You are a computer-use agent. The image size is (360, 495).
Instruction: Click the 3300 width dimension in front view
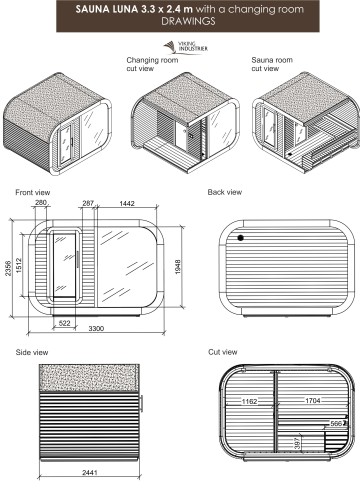pos(96,329)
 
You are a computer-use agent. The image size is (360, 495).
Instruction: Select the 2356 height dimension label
pos(8,268)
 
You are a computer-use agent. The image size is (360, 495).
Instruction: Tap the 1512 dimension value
pos(18,265)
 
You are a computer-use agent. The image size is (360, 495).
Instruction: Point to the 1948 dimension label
pos(178,267)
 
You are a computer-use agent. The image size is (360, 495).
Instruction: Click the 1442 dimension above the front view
pos(127,203)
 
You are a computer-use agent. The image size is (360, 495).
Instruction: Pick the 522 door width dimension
pos(65,323)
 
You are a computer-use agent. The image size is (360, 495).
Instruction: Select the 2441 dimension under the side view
pos(90,472)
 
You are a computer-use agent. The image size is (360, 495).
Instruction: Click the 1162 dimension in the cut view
pos(249,401)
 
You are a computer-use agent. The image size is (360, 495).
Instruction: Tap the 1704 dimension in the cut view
pos(313,400)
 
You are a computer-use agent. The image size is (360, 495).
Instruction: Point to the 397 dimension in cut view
pos(297,443)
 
